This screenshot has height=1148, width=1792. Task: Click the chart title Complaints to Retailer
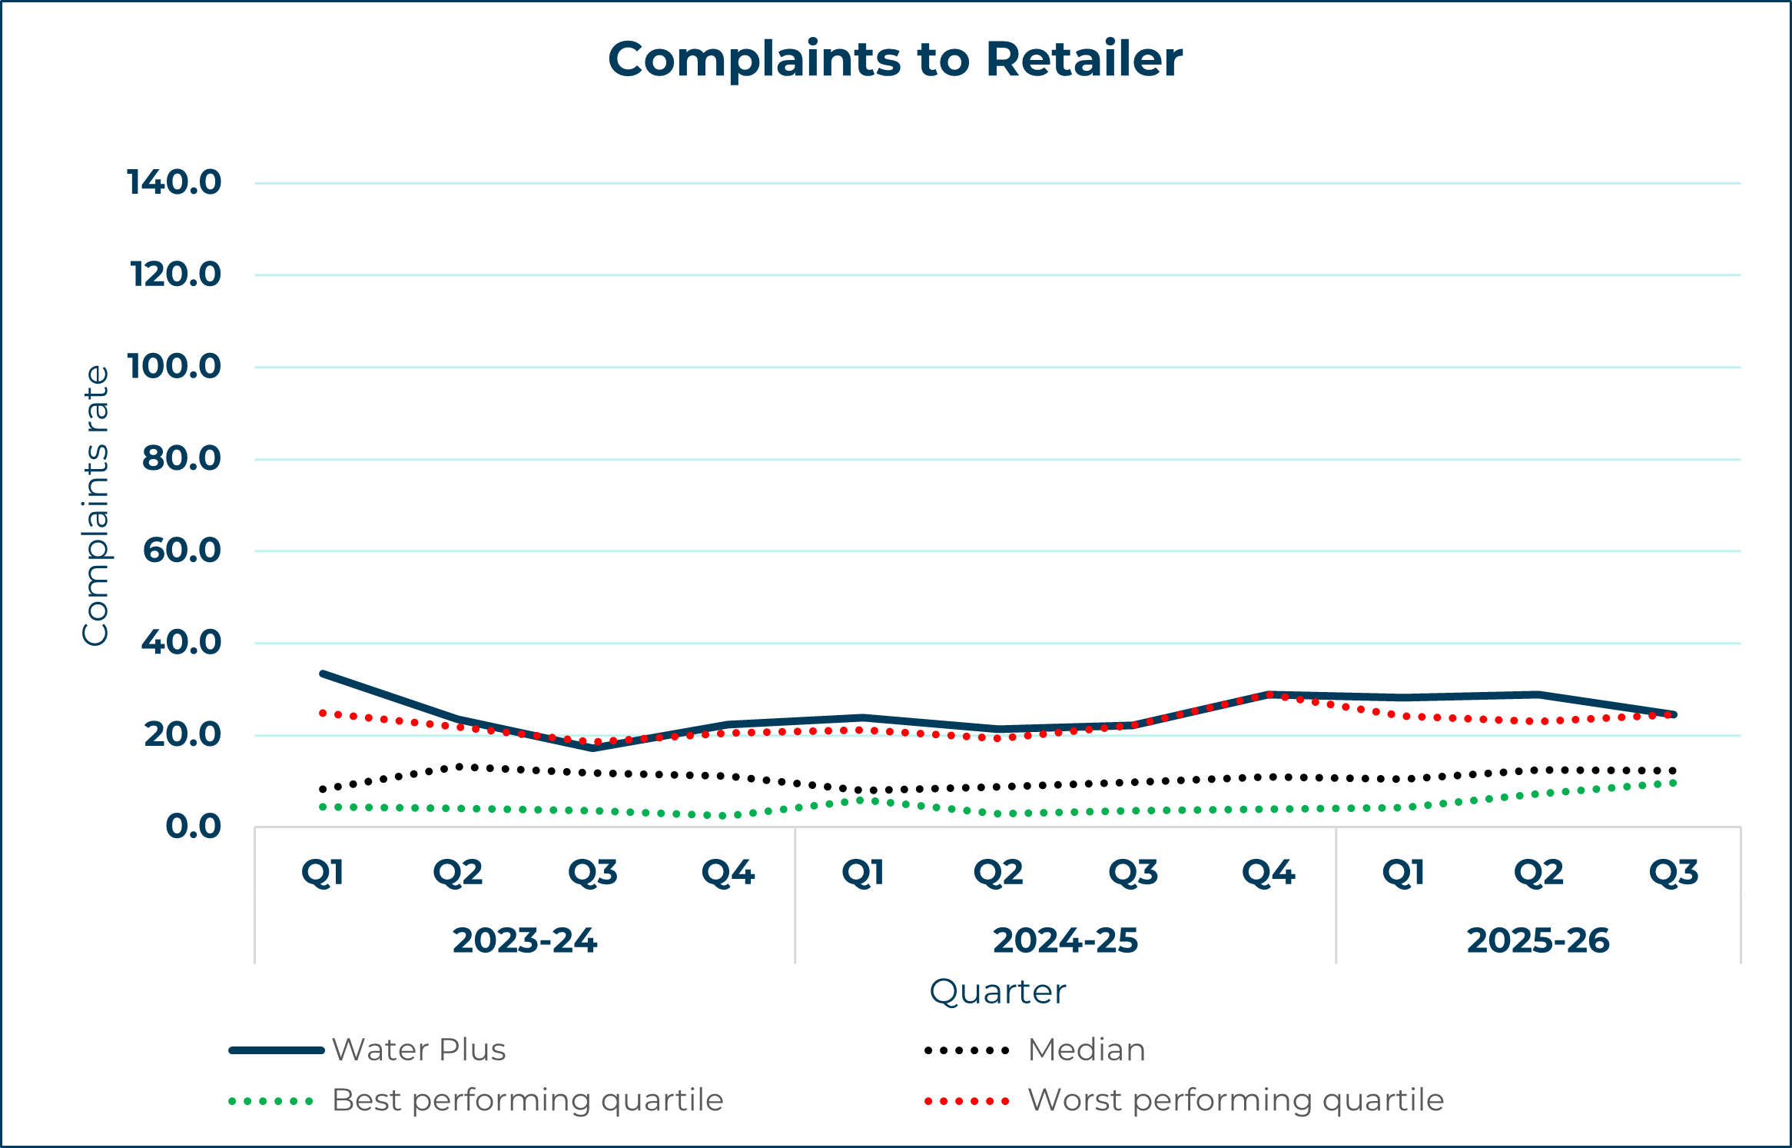click(895, 59)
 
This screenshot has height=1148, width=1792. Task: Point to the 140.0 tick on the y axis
click(174, 183)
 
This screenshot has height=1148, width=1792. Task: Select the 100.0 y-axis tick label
click(174, 367)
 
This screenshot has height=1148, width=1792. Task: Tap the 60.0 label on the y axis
click(182, 551)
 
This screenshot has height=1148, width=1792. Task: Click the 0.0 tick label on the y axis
click(194, 827)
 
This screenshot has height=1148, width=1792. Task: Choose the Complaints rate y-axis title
click(96, 505)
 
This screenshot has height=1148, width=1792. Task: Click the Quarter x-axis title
click(997, 992)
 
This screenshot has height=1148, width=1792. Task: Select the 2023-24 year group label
click(525, 941)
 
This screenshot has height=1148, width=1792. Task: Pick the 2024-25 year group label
click(1065, 941)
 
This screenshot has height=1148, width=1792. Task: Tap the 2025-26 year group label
click(1538, 941)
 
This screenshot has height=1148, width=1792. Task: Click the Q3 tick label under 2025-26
click(1674, 873)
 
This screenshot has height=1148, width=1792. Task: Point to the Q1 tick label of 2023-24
click(323, 873)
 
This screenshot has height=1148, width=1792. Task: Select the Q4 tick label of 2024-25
click(1269, 873)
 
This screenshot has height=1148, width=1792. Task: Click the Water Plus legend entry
click(419, 1050)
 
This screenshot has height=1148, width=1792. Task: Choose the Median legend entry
click(1087, 1050)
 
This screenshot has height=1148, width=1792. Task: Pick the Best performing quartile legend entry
click(527, 1100)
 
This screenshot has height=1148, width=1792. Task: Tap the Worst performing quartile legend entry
click(1236, 1100)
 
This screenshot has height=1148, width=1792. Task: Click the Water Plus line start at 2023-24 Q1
click(323, 674)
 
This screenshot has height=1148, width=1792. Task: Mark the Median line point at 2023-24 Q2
click(459, 767)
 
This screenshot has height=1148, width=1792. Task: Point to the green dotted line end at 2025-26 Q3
click(1673, 783)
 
